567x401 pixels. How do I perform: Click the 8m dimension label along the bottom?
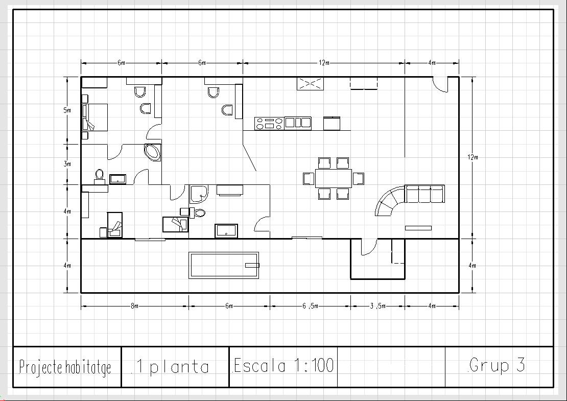[134, 306]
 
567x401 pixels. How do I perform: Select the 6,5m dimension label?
[310, 306]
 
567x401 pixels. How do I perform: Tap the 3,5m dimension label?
[377, 306]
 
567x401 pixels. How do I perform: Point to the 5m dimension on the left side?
[67, 110]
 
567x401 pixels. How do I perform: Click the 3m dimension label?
[67, 164]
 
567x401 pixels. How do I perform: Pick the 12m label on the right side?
[472, 157]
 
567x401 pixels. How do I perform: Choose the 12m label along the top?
[324, 63]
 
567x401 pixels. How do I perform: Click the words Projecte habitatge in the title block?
[65, 367]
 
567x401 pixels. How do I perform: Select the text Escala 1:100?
[284, 365]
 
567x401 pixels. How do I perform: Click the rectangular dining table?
[334, 178]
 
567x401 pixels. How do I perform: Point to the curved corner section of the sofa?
[389, 201]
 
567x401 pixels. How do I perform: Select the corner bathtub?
[153, 152]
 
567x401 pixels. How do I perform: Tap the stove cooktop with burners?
[269, 123]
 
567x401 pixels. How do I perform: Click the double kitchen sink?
[298, 123]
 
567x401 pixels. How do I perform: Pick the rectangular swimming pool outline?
[224, 265]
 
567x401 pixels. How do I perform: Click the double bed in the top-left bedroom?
[95, 117]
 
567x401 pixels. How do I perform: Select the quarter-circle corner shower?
[199, 194]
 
